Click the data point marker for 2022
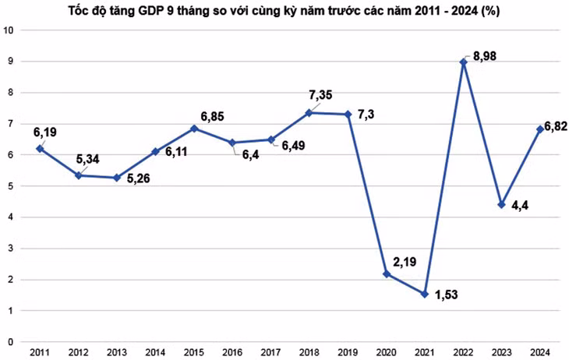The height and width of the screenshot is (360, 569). (x=464, y=62)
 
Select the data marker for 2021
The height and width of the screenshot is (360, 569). (x=425, y=294)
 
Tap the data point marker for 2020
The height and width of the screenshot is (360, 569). (x=387, y=274)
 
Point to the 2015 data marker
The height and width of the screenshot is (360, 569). (x=194, y=129)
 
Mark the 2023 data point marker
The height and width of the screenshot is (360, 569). (x=502, y=205)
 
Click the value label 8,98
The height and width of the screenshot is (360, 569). (x=485, y=58)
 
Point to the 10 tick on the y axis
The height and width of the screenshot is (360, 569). (x=9, y=30)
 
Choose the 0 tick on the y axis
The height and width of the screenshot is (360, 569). (x=9, y=341)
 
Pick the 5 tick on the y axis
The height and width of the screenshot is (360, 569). (x=9, y=186)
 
